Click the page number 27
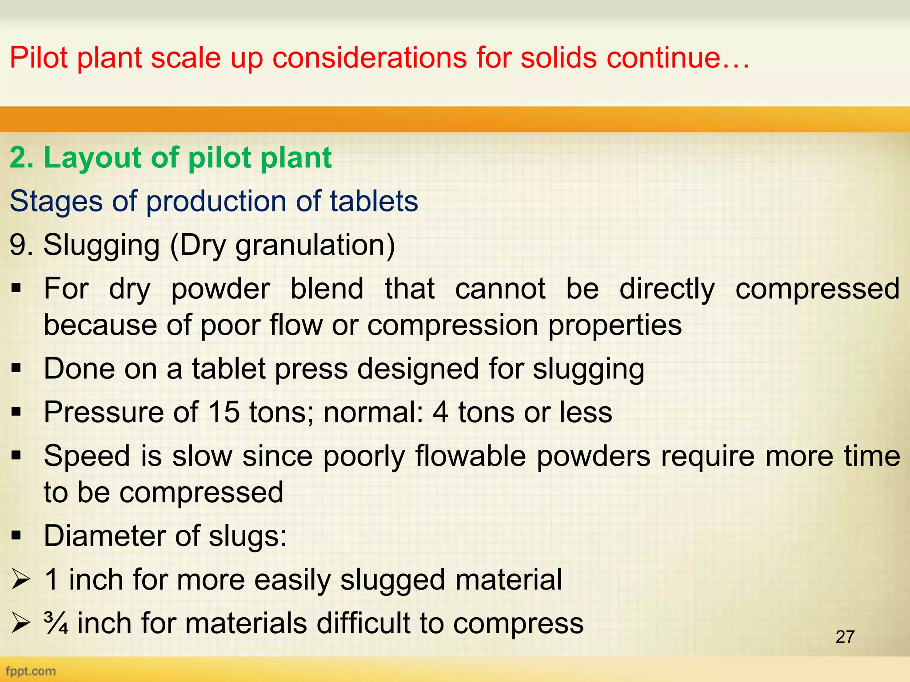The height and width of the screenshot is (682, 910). [x=845, y=637]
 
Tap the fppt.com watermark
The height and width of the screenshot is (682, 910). [x=31, y=671]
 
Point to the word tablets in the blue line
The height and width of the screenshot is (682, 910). [x=374, y=201]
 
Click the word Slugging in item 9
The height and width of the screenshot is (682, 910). [x=101, y=245]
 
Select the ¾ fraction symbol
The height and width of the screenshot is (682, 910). [x=56, y=623]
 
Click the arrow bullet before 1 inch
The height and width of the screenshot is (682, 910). [x=20, y=580]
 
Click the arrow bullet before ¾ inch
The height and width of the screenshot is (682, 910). [x=20, y=623]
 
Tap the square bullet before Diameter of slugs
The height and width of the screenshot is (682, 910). [x=17, y=536]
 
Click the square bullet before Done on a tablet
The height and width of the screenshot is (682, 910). [x=17, y=369]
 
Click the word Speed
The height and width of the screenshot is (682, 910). [x=87, y=456]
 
